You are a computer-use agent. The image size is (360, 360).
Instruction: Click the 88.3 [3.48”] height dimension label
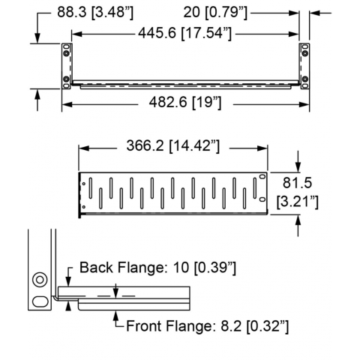95,12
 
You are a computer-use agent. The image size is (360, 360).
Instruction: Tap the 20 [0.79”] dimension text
215,12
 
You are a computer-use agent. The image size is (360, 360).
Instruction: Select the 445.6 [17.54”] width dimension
185,33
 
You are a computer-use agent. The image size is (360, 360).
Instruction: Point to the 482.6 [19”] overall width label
185,102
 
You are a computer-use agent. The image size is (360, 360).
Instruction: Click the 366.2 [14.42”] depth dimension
173,145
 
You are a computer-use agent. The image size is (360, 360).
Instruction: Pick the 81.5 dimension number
297,183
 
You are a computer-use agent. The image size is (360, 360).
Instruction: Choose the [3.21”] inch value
298,202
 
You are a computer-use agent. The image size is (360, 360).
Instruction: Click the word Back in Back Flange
96,268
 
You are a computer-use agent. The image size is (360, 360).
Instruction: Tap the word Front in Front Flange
145,326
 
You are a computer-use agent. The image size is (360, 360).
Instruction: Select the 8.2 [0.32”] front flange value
255,326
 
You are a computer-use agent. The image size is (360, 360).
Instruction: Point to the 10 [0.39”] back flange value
204,268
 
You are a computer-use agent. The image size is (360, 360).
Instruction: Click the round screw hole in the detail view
40,280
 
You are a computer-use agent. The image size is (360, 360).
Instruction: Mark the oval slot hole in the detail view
40,301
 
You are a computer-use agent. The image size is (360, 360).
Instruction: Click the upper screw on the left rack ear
66,53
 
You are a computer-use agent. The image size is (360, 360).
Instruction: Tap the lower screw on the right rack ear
304,79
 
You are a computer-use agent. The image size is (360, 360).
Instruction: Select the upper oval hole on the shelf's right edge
262,176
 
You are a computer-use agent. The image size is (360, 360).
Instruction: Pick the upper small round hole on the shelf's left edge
84,184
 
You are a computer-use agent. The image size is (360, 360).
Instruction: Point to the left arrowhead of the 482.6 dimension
67,104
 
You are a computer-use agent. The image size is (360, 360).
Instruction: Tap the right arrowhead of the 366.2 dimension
262,148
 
